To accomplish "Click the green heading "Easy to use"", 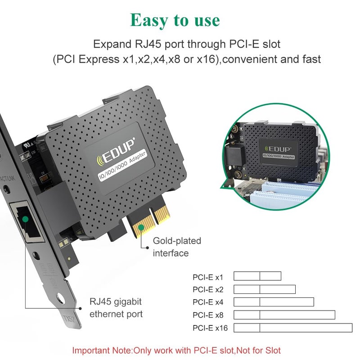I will tap(175, 20).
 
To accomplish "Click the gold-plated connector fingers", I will tap(149, 220).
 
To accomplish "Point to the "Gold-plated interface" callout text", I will tap(177, 247).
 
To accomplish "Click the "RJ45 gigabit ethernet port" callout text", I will tap(116, 308).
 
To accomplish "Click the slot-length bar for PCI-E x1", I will tap(257, 276).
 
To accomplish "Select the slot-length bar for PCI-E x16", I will tap(293, 328).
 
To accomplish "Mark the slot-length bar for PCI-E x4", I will tap(274, 302).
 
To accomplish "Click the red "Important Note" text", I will tap(176, 350).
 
